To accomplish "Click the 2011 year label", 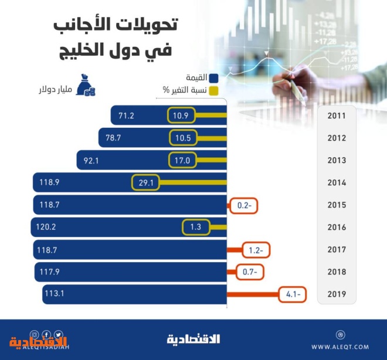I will point(337,116).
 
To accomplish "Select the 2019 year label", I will point(337,294).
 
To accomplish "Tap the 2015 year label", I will point(337,205).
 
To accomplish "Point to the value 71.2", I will point(126,116).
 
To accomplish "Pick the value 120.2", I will point(47,227).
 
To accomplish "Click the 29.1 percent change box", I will point(146,183).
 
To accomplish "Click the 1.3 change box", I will point(196,227).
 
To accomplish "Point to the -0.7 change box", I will point(250,272).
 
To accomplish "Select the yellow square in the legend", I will point(214,90).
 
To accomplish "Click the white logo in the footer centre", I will point(193,339).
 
